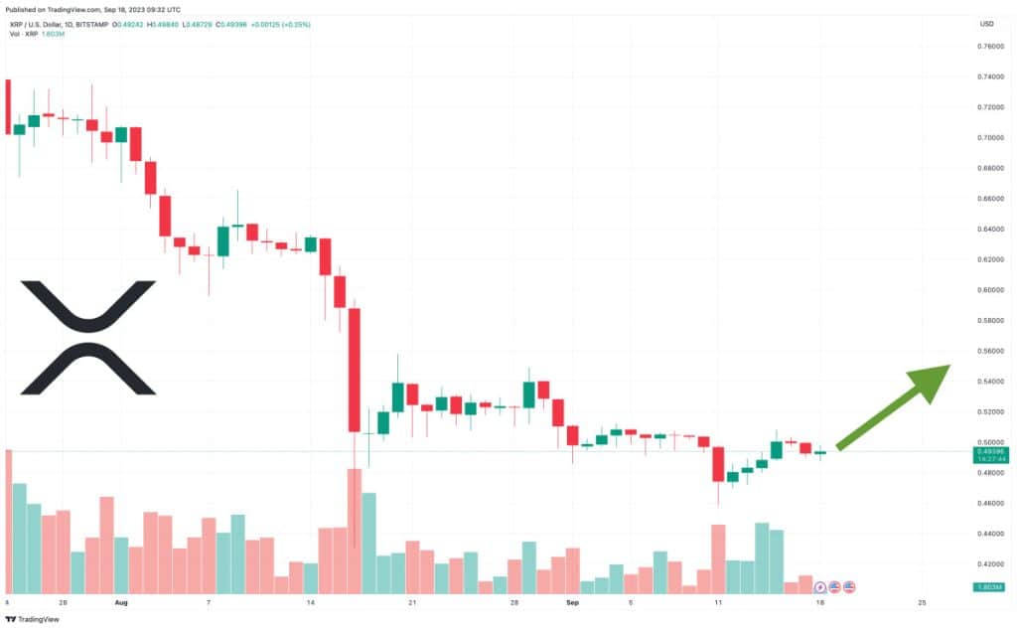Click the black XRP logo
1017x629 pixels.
click(88, 338)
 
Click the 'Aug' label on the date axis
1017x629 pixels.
click(121, 602)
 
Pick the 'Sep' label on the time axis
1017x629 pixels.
click(572, 602)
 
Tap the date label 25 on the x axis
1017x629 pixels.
click(923, 602)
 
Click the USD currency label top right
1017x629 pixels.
click(987, 24)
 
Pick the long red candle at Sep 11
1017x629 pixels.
click(718, 464)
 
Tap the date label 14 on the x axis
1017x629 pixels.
click(311, 602)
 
